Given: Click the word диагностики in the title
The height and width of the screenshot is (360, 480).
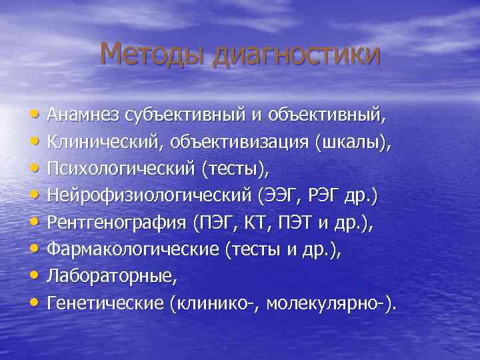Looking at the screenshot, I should point(295,55).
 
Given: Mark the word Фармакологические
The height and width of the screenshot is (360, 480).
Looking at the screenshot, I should point(133,251).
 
